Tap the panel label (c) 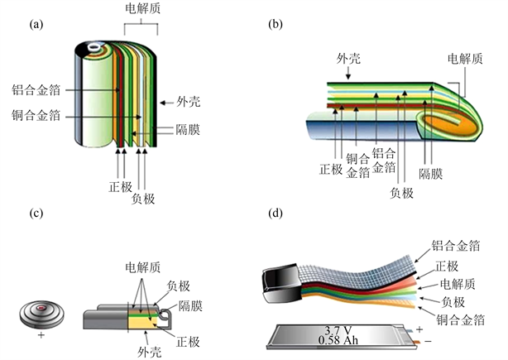coord(36,214)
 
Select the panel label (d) coord(276,214)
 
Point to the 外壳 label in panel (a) coord(188,103)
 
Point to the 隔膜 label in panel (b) coord(431,175)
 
